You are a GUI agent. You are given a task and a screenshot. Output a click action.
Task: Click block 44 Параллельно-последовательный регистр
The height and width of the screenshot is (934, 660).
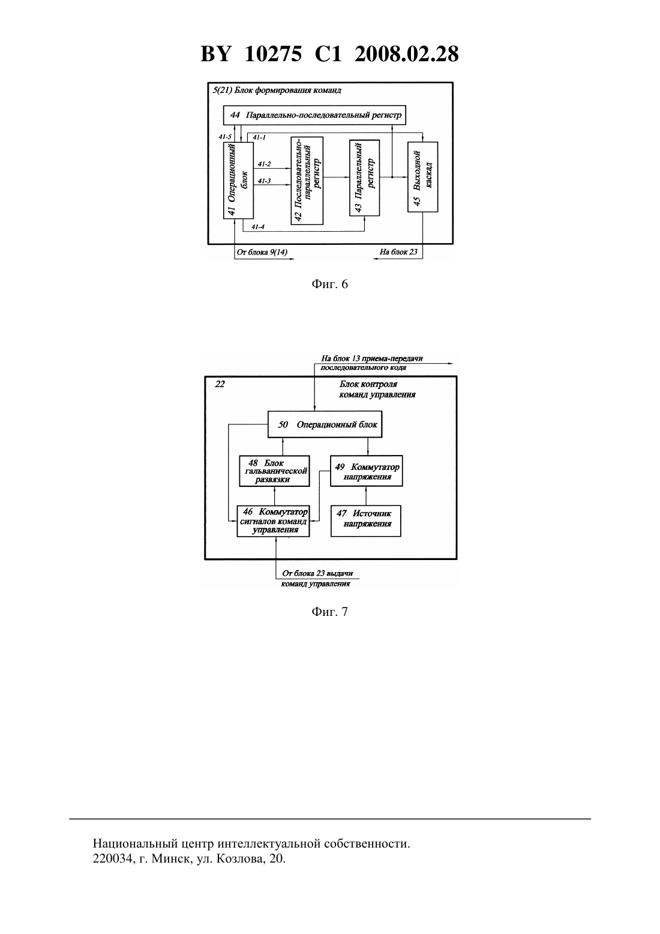point(314,115)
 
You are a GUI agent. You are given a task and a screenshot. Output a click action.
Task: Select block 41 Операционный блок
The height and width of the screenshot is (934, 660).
point(238,180)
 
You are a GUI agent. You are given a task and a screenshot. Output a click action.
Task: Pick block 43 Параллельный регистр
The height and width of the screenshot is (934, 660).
point(365,178)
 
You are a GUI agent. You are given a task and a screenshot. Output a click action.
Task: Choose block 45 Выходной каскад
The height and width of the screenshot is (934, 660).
point(422,177)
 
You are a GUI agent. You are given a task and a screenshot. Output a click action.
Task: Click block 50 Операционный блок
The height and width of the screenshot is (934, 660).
point(325,424)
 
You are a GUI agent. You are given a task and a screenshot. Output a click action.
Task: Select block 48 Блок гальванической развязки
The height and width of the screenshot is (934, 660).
point(274,471)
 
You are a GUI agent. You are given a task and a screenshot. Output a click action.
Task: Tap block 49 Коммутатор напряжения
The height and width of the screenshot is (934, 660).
point(366,471)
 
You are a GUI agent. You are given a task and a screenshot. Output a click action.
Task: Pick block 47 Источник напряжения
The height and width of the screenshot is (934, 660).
point(366,521)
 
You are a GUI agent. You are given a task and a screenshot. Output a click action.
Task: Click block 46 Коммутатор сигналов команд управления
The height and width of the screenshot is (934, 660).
point(274,521)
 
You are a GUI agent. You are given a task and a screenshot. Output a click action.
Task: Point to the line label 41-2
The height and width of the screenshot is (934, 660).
point(264,164)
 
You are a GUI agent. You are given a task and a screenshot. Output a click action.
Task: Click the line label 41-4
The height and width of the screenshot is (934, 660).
point(257,227)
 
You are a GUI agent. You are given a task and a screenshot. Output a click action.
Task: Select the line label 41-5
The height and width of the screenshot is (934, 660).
point(225,137)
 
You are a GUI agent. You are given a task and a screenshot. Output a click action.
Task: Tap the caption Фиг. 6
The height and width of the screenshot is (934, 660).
point(329,285)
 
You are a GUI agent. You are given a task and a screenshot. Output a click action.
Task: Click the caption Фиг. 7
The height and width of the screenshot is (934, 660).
point(329,612)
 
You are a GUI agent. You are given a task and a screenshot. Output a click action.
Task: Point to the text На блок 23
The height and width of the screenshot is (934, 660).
point(398,252)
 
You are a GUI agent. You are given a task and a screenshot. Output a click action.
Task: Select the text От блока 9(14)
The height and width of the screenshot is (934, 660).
point(262,252)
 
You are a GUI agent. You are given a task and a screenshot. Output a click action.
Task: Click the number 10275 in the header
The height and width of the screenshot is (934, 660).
point(273,54)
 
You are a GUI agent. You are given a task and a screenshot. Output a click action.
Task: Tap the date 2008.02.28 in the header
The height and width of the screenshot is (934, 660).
point(407,54)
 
